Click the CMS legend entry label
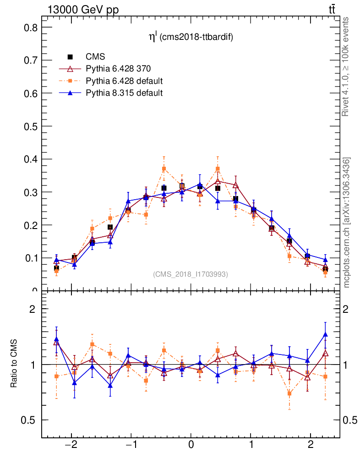[x=95, y=57]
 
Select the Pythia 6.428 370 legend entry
[x=118, y=69]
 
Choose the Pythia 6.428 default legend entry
[x=124, y=81]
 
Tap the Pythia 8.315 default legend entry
[x=124, y=93]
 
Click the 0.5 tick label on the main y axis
[x=30, y=126]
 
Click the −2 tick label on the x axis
[x=71, y=445]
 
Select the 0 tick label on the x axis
[x=191, y=445]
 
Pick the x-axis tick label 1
[x=251, y=445]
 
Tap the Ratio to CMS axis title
[x=14, y=365]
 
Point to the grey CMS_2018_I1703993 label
[x=190, y=274]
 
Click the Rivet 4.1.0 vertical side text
[x=346, y=67]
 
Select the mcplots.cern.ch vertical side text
[x=347, y=223]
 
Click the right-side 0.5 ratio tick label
[x=351, y=420]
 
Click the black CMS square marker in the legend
[x=70, y=57]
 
